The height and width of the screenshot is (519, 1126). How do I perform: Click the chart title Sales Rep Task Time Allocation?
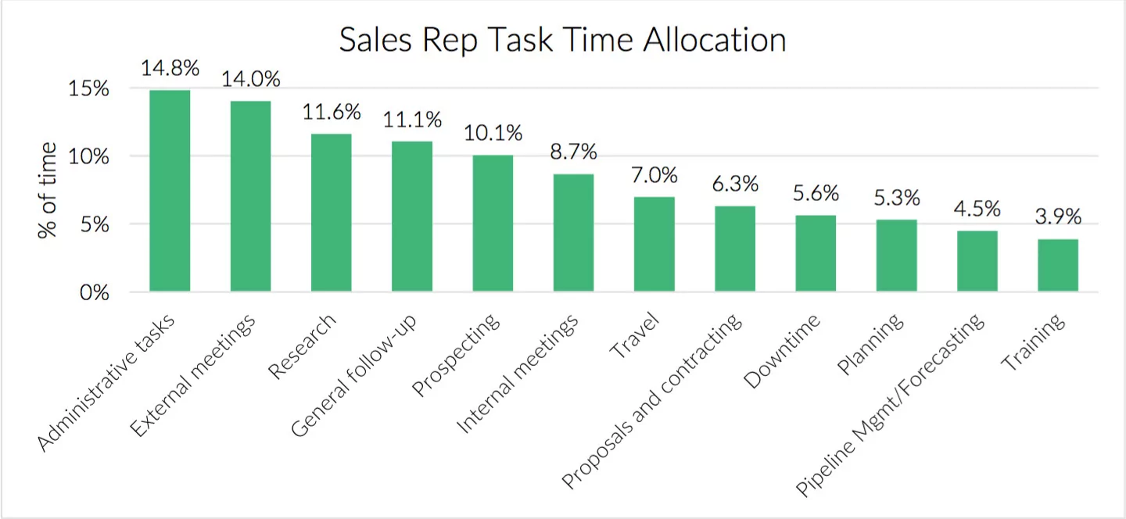pyautogui.click(x=562, y=40)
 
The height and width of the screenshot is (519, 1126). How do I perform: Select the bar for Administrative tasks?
pyautogui.click(x=170, y=191)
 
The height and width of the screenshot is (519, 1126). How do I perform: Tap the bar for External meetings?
pyautogui.click(x=250, y=197)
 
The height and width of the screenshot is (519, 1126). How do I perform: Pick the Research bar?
pyautogui.click(x=332, y=213)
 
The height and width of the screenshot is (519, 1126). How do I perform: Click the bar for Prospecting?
pyautogui.click(x=493, y=224)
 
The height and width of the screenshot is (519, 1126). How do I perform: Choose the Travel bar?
pyautogui.click(x=654, y=245)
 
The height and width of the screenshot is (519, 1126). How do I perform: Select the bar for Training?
pyautogui.click(x=1058, y=266)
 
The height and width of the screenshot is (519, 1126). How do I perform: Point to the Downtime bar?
pyautogui.click(x=816, y=254)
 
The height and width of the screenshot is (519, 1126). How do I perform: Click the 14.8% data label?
pyautogui.click(x=170, y=68)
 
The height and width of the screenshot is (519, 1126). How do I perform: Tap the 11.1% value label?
pyautogui.click(x=412, y=120)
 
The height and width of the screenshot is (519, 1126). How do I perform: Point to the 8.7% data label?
pyautogui.click(x=573, y=152)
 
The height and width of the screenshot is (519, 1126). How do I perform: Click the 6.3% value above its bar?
pyautogui.click(x=735, y=184)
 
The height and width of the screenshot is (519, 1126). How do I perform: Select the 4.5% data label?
pyautogui.click(x=977, y=209)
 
